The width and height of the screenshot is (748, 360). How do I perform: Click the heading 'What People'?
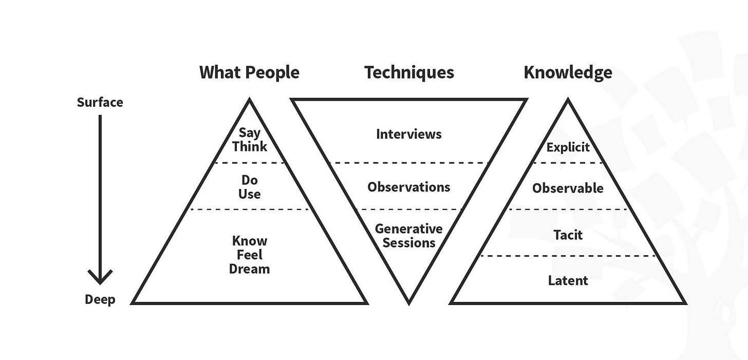pyautogui.click(x=249, y=72)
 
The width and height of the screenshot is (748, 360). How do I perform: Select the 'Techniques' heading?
pyautogui.click(x=409, y=72)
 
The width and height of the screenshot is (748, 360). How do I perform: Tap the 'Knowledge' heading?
pyautogui.click(x=568, y=72)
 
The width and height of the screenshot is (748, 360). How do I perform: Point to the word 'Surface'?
pyautogui.click(x=100, y=102)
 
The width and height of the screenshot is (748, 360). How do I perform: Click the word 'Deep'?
pyautogui.click(x=100, y=299)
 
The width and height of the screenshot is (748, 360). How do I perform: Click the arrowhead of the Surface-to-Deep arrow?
pyautogui.click(x=100, y=278)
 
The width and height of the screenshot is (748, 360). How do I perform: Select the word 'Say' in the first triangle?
pyautogui.click(x=249, y=134)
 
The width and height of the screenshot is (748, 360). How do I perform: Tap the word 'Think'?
pyautogui.click(x=249, y=146)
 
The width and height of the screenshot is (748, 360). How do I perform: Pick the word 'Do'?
pyautogui.click(x=249, y=180)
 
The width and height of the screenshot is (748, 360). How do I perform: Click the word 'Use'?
pyautogui.click(x=249, y=194)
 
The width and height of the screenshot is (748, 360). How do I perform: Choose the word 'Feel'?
pyautogui.click(x=249, y=255)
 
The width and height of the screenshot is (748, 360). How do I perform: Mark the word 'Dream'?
pyautogui.click(x=249, y=269)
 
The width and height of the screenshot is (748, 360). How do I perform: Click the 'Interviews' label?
pyautogui.click(x=409, y=134)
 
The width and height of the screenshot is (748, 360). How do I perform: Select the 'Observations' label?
pyautogui.click(x=409, y=187)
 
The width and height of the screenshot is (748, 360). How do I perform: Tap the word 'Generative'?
pyautogui.click(x=409, y=229)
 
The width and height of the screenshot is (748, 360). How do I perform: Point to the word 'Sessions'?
pyautogui.click(x=409, y=242)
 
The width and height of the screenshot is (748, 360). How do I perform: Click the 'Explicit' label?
pyautogui.click(x=568, y=147)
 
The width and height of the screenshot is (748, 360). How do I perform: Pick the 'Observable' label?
pyautogui.click(x=568, y=188)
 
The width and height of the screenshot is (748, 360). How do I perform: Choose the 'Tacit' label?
pyautogui.click(x=568, y=235)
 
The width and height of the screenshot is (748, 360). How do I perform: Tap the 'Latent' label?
pyautogui.click(x=568, y=280)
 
